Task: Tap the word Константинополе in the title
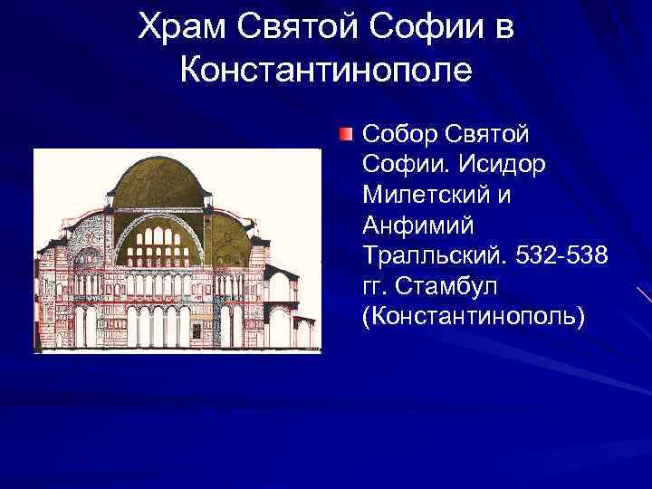326,69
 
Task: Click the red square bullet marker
347,135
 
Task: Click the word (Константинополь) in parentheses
473,318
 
